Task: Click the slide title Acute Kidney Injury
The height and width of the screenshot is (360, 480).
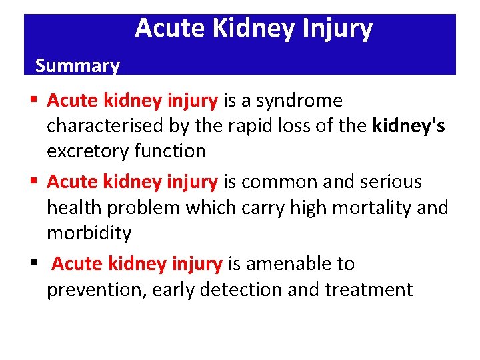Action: click(x=253, y=29)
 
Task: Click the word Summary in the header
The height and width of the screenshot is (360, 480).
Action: click(x=77, y=65)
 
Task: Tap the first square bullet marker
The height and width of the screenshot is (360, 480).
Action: click(x=33, y=101)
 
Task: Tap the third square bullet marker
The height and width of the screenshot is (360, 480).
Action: click(x=33, y=265)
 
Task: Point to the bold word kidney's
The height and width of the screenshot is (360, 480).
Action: click(x=409, y=126)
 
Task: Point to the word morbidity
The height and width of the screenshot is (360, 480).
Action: click(x=89, y=233)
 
